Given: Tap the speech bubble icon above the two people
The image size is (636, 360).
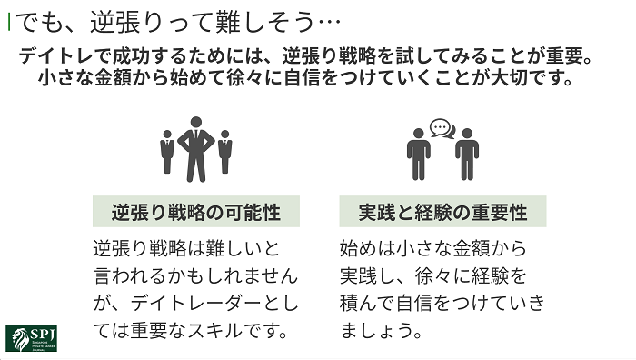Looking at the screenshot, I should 442,127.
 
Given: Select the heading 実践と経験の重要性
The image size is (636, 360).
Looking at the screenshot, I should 442,213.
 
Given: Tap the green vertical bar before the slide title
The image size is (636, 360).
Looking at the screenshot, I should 9,20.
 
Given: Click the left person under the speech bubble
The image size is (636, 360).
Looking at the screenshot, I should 419,155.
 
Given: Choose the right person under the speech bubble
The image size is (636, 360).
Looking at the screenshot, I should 466,155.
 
